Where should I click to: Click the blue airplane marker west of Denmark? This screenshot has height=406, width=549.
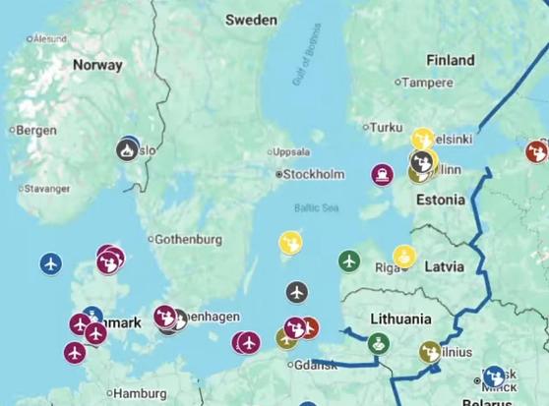pyautogui.click(x=50, y=263)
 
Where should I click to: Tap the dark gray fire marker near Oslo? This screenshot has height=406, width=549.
pyautogui.click(x=127, y=150)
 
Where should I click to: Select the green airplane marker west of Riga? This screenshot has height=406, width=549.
pyautogui.click(x=348, y=261)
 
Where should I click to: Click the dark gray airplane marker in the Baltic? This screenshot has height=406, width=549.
pyautogui.click(x=297, y=292)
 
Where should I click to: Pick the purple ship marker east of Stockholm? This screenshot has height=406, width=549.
pyautogui.click(x=381, y=175)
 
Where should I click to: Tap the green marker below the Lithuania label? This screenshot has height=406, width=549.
pyautogui.click(x=379, y=344)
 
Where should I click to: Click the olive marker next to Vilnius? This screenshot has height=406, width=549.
pyautogui.click(x=429, y=350)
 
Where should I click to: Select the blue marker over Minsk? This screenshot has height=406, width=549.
pyautogui.click(x=494, y=377)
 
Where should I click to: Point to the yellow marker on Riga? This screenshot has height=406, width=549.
pyautogui.click(x=403, y=257)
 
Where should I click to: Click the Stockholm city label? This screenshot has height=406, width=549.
pyautogui.click(x=314, y=175)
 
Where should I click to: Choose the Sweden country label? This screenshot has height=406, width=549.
pyautogui.click(x=251, y=20)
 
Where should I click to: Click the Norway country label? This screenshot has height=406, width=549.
pyautogui.click(x=97, y=66)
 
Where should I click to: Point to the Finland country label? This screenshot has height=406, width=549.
pyautogui.click(x=450, y=59)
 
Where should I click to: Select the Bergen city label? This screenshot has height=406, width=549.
pyautogui.click(x=34, y=130)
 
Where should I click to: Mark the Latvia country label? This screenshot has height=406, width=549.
pyautogui.click(x=444, y=266)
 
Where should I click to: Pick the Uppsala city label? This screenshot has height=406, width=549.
pyautogui.click(x=292, y=152)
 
